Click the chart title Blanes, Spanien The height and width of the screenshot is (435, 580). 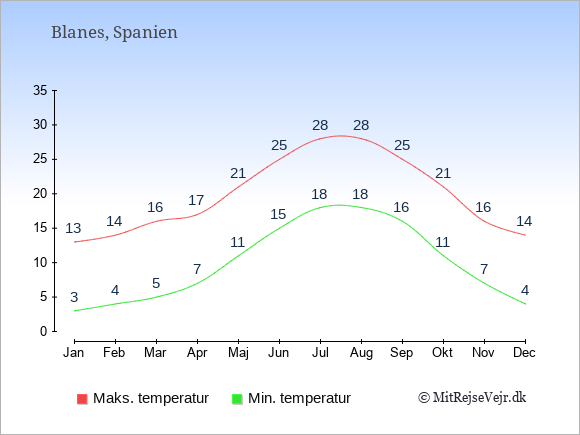click(114, 33)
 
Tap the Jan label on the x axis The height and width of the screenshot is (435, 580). click(74, 353)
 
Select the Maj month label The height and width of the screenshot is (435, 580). click(238, 353)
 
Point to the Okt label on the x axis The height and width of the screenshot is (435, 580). click(442, 353)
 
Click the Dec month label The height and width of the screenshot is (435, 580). click(524, 353)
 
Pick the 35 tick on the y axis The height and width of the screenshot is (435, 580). click(40, 90)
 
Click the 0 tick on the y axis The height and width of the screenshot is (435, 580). click(44, 331)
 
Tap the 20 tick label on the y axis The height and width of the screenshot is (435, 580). click(40, 193)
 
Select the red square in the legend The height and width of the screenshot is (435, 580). click(82, 399)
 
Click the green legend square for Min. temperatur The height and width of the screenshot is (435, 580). click(237, 399)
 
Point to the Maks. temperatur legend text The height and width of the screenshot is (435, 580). click(151, 398)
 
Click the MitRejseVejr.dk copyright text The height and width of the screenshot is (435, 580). click(472, 398)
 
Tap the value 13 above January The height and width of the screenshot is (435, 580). click(73, 228)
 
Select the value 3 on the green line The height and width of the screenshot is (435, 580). click(74, 297)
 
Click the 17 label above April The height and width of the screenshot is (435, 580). click(196, 200)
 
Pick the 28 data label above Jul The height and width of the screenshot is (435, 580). click(320, 125)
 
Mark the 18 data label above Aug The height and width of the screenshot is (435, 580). click(360, 194)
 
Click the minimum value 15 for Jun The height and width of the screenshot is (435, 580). click(278, 214)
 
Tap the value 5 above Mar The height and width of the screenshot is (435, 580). click(156, 283)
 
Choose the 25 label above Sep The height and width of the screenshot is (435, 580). click(402, 145)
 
